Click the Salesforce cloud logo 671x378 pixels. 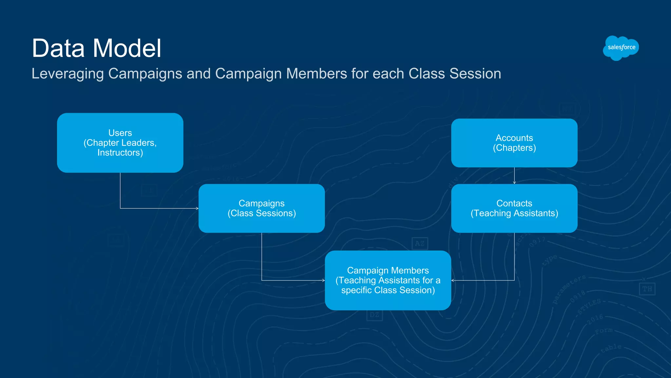(621, 48)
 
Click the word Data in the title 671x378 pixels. (58, 48)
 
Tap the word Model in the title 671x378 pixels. (127, 48)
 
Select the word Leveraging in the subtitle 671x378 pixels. (67, 74)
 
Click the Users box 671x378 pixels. (120, 143)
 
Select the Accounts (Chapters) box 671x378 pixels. (514, 143)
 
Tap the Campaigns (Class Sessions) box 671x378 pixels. (261, 208)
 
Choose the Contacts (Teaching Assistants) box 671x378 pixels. (514, 208)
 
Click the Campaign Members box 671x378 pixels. (388, 280)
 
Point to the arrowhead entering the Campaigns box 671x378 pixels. (197, 208)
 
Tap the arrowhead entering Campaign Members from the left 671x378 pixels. (323, 280)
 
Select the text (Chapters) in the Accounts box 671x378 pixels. (514, 148)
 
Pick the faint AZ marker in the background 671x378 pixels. (420, 243)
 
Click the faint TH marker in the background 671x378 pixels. (647, 289)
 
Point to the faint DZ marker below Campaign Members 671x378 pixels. (374, 315)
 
